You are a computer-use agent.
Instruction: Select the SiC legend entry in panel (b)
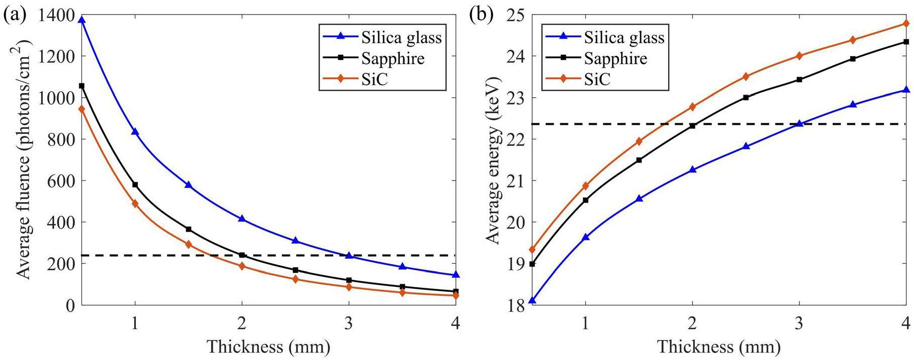pyautogui.click(x=597, y=79)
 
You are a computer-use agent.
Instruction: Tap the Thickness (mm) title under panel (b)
pyautogui.click(x=719, y=346)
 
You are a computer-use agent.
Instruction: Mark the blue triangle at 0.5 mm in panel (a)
pyautogui.click(x=82, y=20)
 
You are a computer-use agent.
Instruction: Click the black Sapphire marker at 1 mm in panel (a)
pyautogui.click(x=135, y=185)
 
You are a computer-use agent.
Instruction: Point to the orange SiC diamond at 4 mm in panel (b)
pyautogui.click(x=906, y=23)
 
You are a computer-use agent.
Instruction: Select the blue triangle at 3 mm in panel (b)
pyautogui.click(x=799, y=123)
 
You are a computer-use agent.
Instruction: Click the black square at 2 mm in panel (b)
pyautogui.click(x=692, y=126)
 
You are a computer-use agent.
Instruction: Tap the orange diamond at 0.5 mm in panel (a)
pyautogui.click(x=82, y=109)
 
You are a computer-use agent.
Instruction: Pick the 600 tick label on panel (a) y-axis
pyautogui.click(x=60, y=181)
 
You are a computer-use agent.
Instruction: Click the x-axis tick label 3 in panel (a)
pyautogui.click(x=349, y=323)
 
